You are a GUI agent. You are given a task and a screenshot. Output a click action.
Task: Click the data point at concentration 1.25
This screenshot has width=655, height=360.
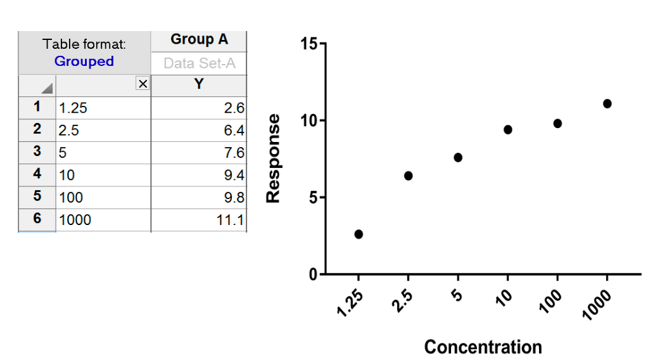(x=359, y=234)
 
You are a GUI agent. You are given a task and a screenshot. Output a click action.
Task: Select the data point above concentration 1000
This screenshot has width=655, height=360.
(x=607, y=103)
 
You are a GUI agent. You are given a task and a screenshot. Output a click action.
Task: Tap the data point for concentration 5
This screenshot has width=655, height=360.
(x=458, y=157)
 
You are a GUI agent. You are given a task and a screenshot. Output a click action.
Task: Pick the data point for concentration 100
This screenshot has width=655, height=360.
(x=557, y=123)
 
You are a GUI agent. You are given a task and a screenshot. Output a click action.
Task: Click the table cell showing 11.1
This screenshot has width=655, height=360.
(x=198, y=220)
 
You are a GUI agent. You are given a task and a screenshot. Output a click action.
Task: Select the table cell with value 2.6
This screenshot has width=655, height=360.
(x=198, y=108)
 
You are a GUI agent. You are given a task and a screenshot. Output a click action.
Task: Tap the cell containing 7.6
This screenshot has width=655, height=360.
(x=198, y=153)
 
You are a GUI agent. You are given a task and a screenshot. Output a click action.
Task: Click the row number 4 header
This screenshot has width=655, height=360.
(x=37, y=174)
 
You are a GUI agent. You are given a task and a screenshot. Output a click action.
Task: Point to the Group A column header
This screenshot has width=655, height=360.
(x=199, y=40)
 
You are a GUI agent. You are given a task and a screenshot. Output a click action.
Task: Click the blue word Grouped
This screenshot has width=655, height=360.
(x=84, y=61)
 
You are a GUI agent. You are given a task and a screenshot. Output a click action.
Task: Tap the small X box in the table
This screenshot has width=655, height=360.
(x=143, y=84)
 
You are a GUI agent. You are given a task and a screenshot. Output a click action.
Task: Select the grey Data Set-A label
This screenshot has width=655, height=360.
(x=199, y=63)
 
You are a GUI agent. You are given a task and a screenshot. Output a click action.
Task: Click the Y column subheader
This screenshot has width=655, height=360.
(x=199, y=84)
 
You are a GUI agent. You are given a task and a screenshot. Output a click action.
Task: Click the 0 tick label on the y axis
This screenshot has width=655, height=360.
(x=313, y=275)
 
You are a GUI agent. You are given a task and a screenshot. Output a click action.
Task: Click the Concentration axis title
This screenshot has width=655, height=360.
(x=483, y=347)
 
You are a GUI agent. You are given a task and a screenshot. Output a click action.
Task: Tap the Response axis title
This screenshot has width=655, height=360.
(x=274, y=158)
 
